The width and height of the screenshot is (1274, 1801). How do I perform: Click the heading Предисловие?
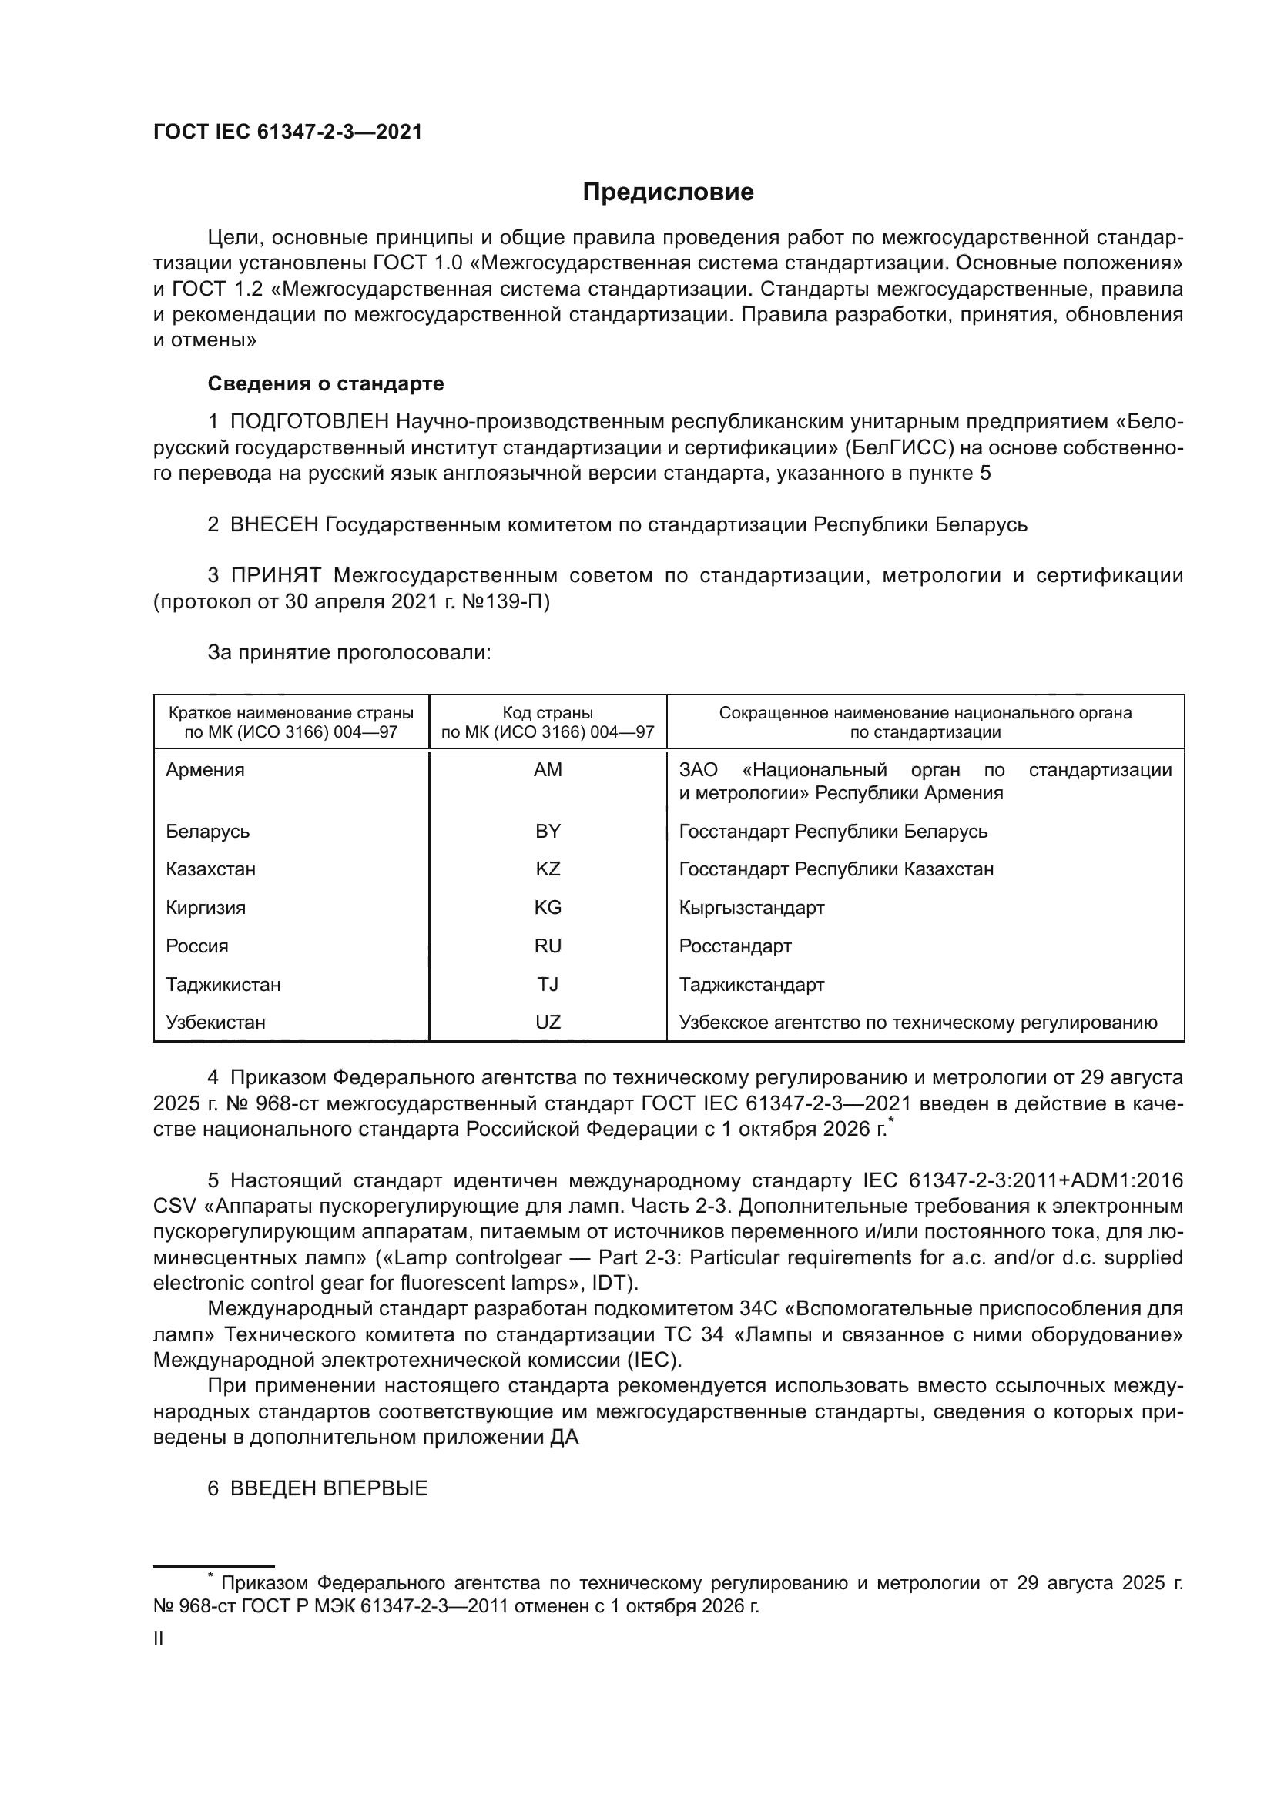point(668,192)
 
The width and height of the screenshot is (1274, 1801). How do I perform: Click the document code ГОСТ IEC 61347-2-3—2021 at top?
point(287,132)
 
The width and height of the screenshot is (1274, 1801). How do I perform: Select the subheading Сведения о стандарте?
point(326,383)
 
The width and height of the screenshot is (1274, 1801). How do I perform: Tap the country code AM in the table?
point(548,769)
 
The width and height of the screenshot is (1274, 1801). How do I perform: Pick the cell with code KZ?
point(548,869)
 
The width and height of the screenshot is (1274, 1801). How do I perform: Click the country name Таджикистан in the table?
point(223,985)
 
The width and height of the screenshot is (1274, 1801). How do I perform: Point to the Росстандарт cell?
point(735,946)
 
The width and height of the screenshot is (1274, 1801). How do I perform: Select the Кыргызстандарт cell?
point(752,908)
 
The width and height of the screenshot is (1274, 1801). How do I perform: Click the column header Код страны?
point(548,713)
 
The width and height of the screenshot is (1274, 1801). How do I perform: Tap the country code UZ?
point(548,1022)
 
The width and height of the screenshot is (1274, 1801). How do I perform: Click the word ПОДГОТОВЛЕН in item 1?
point(309,422)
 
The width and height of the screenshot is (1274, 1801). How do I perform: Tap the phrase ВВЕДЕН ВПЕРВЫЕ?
point(329,1488)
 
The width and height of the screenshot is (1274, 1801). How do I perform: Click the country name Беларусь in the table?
point(207,831)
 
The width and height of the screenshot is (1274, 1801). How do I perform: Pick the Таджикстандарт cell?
point(752,985)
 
